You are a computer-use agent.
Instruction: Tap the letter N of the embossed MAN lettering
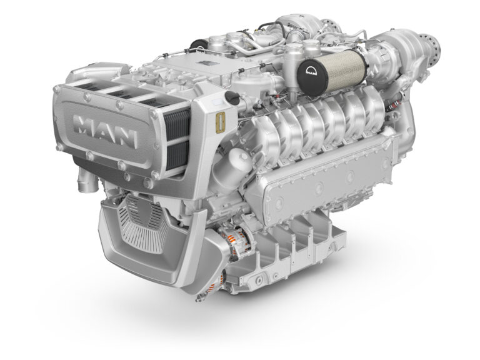tap(126, 137)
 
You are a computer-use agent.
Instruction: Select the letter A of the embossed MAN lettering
tap(107, 132)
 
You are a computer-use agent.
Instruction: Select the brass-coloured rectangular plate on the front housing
tap(220, 122)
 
